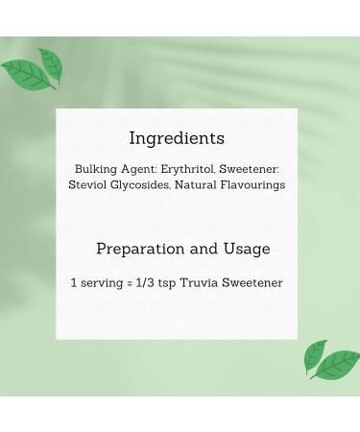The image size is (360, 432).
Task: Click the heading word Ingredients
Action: (176, 137)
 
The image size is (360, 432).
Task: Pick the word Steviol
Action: (90, 184)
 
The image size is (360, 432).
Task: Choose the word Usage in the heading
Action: (247, 250)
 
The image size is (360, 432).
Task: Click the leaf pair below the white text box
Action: (330, 360)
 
